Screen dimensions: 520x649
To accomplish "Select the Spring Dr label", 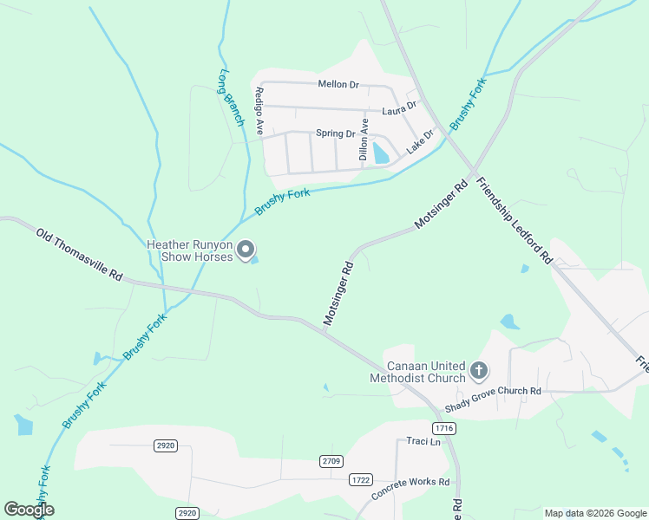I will coord(335,133).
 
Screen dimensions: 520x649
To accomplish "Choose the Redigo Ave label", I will coord(259,110).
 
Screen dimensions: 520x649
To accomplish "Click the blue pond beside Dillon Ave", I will coord(380,154).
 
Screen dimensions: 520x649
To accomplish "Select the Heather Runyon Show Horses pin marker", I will coord(246,250).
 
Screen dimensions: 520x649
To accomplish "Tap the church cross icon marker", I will coord(478,371).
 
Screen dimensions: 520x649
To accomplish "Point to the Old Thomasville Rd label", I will coord(79,254).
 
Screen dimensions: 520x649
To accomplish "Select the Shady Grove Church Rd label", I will coord(492,392).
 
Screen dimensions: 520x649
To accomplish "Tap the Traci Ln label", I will coord(423,441).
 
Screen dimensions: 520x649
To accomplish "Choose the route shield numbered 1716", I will coord(443,428).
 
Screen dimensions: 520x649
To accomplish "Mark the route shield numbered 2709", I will coord(331,460).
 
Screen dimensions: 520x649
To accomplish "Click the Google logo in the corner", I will coord(29,510).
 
